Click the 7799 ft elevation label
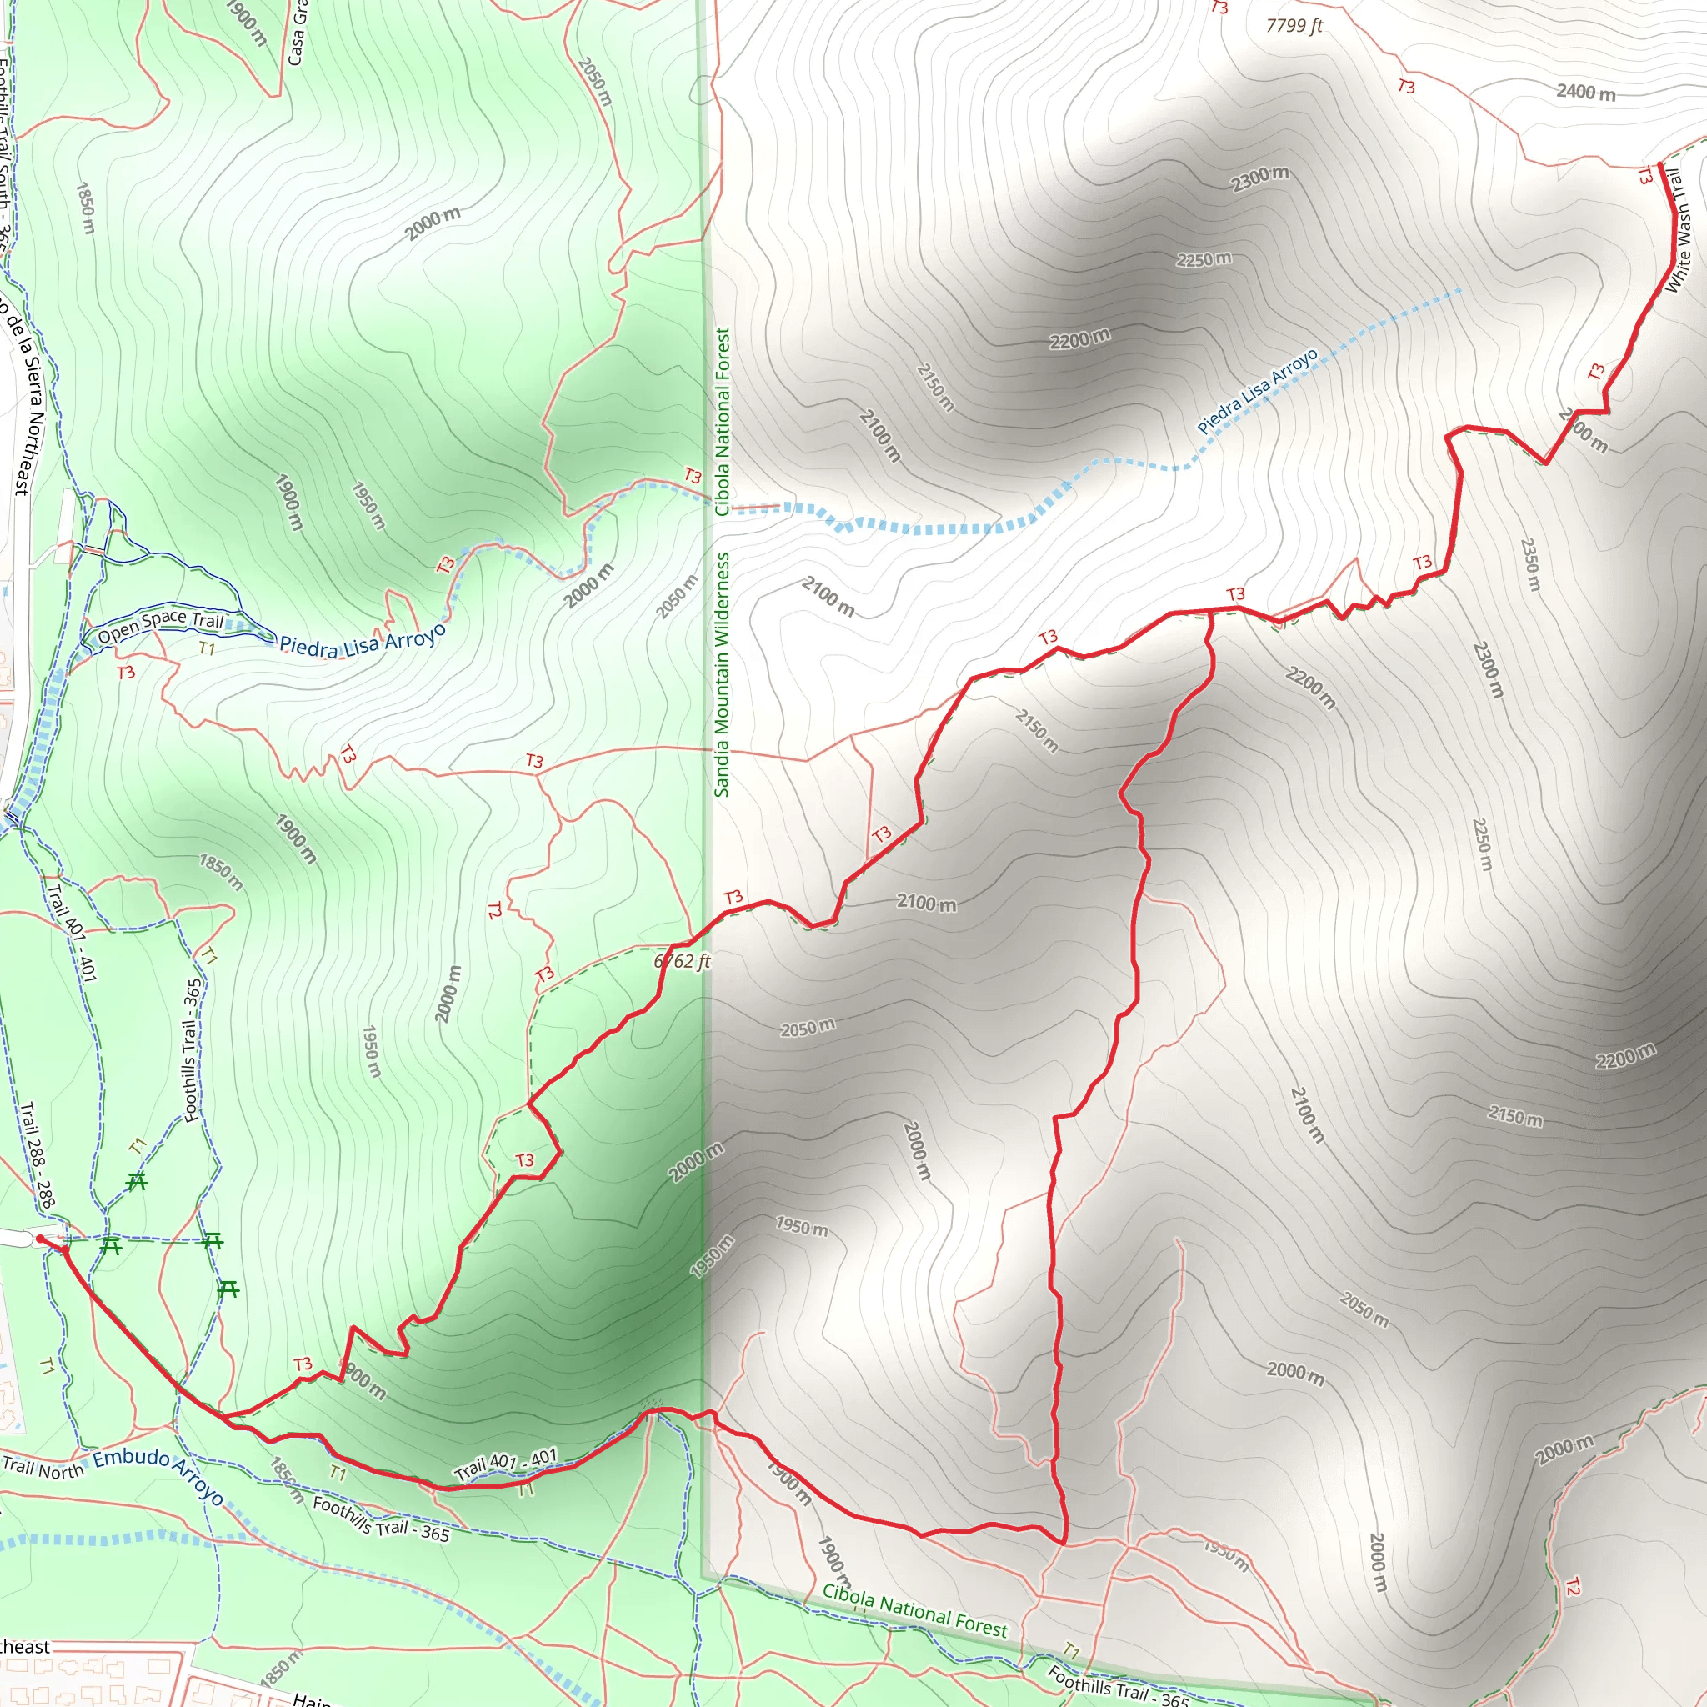tap(1294, 26)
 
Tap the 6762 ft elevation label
tap(682, 961)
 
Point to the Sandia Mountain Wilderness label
tap(722, 675)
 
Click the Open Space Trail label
tap(160, 627)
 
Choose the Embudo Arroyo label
tap(158, 1474)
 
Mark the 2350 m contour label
tap(1529, 564)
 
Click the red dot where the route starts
tap(40, 1239)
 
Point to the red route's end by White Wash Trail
tap(1661, 164)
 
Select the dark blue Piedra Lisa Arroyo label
tap(363, 641)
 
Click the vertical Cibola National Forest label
tap(723, 422)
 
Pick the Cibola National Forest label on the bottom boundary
tap(914, 1610)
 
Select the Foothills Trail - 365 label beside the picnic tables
tap(192, 1049)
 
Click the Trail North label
tap(43, 1468)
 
